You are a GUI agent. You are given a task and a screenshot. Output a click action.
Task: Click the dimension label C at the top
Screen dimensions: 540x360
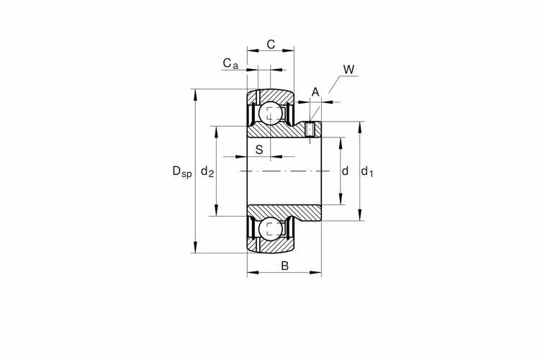point(271,45)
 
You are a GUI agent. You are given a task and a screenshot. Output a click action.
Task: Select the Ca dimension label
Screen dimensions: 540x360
point(230,63)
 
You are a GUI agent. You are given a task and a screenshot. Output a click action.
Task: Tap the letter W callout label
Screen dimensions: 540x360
point(348,70)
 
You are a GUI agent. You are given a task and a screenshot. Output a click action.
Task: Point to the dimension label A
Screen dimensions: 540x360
point(315,92)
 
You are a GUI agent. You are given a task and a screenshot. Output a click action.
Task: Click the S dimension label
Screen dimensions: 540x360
point(259,150)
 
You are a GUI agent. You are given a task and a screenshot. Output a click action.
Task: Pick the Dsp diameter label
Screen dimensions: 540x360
point(182,171)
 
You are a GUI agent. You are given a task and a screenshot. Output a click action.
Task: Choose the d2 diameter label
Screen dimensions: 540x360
point(207,171)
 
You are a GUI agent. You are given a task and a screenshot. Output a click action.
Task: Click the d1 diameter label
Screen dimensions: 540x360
point(366,171)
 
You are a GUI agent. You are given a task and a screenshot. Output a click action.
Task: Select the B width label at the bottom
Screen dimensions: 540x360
point(284,266)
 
